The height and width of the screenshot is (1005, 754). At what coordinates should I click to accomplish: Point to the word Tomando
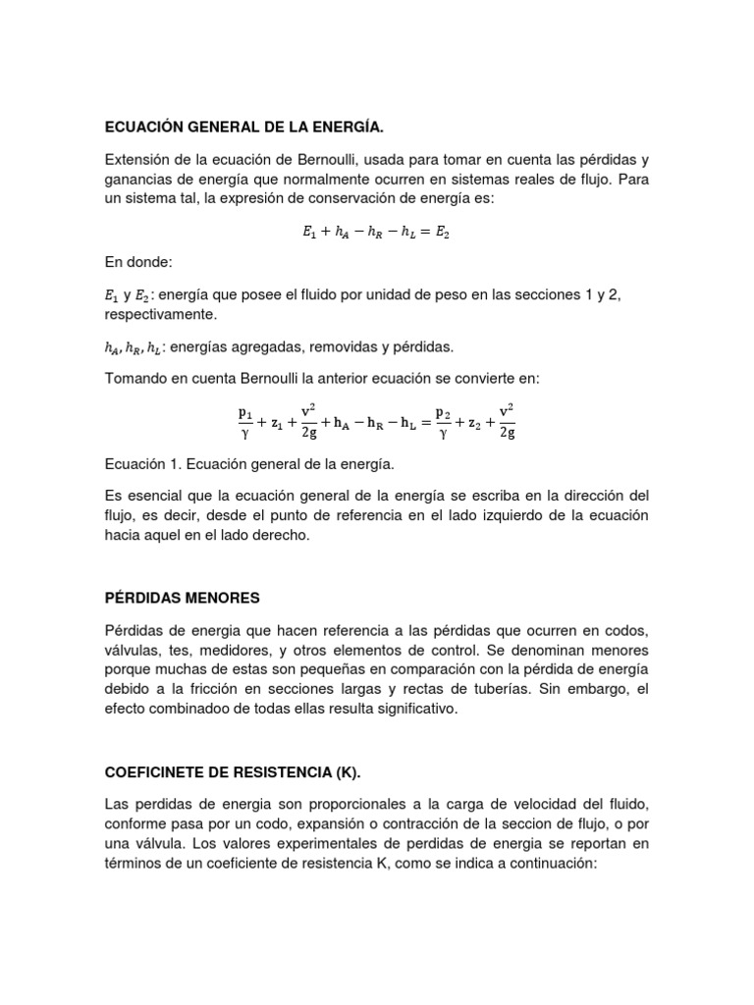136,378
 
